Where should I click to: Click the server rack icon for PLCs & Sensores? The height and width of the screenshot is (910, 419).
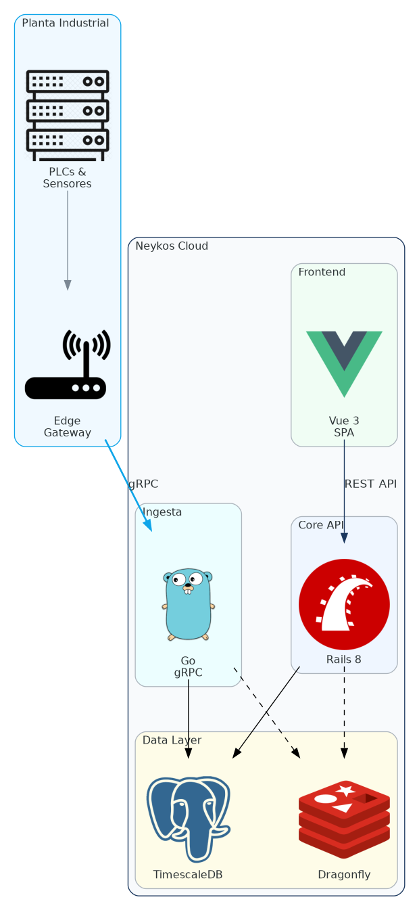(67, 115)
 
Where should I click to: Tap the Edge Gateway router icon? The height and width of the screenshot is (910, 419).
(67, 365)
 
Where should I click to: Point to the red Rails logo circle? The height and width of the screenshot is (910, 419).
(344, 604)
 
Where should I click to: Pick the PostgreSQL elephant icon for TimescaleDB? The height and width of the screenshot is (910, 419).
(189, 819)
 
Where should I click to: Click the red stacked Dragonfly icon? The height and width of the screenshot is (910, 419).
(344, 819)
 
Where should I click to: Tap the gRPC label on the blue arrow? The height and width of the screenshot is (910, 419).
(143, 484)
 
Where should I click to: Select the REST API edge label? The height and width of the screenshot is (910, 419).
(370, 484)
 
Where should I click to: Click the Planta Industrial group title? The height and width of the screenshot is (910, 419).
(66, 24)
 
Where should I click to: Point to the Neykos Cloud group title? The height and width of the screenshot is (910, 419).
(172, 246)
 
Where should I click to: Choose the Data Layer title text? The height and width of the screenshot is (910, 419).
(172, 741)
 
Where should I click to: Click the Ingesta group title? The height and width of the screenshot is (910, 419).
(162, 512)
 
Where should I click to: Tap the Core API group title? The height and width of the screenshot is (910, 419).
(321, 526)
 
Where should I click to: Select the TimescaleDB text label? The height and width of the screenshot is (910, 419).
(188, 875)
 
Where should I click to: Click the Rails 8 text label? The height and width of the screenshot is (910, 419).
(344, 660)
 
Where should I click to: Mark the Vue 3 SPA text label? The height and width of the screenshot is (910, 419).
(344, 427)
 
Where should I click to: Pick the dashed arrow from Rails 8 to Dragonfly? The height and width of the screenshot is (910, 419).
(344, 710)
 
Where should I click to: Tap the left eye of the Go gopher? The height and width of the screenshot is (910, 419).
(180, 580)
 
